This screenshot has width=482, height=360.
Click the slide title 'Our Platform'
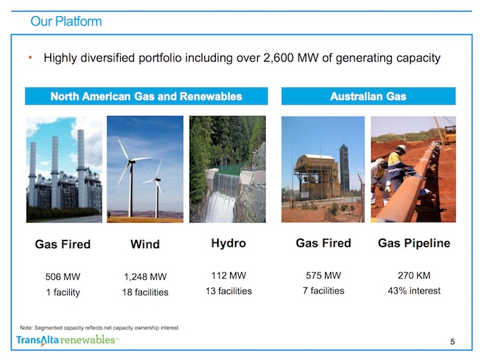pos(66,22)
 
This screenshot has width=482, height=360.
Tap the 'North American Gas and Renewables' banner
pos(147,96)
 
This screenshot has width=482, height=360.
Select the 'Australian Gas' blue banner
pos(368,96)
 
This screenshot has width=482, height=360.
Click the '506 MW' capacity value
pos(62,276)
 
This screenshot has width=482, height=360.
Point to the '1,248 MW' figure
pos(145,276)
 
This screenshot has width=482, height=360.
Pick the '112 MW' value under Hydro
pos(228,275)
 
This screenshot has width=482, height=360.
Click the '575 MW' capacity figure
pos(323,275)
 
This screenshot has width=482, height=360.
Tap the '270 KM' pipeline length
pos(414,275)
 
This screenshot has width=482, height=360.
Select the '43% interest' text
pos(414,291)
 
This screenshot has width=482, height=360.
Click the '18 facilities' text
pos(145,292)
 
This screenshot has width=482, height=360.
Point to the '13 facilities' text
pos(229,291)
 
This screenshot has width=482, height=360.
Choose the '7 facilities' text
pos(323,291)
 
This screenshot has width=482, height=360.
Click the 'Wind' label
pos(145,245)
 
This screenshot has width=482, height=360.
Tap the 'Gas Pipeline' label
pos(414,243)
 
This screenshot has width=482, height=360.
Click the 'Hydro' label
pos(228,243)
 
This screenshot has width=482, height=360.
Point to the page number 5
pos(453,342)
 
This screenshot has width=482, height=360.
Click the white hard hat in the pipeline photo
pos(401,149)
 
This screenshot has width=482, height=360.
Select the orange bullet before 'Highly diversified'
pos(30,58)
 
